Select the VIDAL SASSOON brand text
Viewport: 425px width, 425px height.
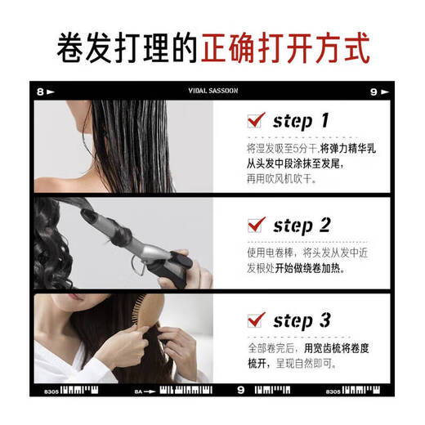[212, 91]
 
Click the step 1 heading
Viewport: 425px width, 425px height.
[301, 121]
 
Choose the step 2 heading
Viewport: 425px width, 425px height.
[301, 225]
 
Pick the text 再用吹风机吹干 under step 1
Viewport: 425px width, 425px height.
[278, 179]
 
